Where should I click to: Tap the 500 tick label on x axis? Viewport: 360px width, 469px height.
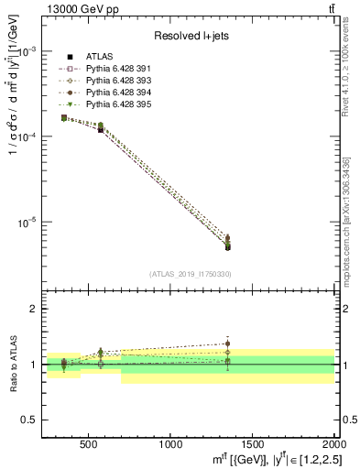click(89, 443)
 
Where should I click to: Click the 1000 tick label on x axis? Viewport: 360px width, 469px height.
click(170, 443)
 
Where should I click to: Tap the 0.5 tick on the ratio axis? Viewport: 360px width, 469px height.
click(28, 420)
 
